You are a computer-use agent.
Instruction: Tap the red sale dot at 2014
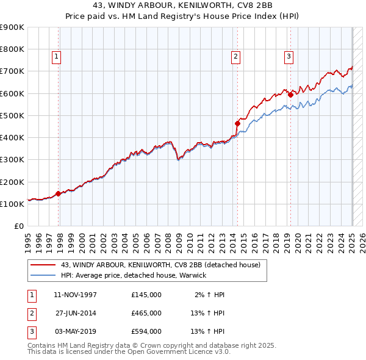tap(238, 123)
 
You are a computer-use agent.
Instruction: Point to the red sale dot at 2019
tap(291, 95)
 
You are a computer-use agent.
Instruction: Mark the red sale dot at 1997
tap(59, 194)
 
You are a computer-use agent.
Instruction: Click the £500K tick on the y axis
tap(12, 115)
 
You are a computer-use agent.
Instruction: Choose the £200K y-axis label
tap(12, 182)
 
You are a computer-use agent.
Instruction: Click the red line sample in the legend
tap(44, 265)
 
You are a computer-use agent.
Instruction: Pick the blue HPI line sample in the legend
tap(44, 275)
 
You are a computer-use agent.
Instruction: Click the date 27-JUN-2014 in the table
tap(76, 313)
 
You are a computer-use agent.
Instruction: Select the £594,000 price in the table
tap(146, 331)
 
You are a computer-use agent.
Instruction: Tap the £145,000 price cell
tap(146, 295)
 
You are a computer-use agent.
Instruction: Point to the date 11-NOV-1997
tap(76, 295)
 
